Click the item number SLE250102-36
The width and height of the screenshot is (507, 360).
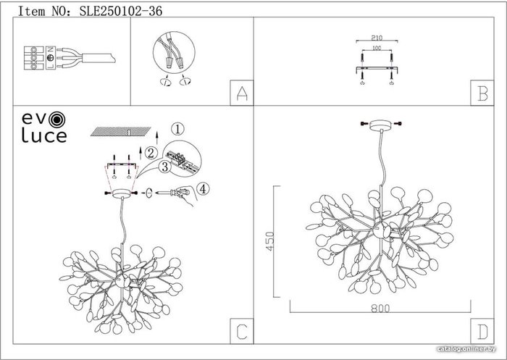(x=121, y=12)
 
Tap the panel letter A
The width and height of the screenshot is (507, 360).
(x=242, y=93)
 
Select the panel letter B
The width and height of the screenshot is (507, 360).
(x=482, y=93)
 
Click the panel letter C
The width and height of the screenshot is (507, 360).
(x=242, y=332)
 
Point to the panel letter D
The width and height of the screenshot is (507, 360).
(x=482, y=332)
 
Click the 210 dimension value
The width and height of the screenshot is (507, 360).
(x=377, y=38)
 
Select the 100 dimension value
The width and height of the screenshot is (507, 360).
(x=377, y=48)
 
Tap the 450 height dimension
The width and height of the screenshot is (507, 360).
(x=270, y=241)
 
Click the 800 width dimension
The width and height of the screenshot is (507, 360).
(x=380, y=309)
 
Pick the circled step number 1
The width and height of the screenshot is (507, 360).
(x=177, y=129)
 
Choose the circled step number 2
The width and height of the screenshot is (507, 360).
(x=151, y=153)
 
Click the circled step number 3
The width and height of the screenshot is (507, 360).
(x=165, y=167)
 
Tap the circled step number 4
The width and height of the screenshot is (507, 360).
(x=202, y=189)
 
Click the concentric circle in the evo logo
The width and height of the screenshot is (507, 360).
(x=57, y=120)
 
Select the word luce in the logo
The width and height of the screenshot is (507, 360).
(x=44, y=136)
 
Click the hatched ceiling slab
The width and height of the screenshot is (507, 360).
(x=121, y=131)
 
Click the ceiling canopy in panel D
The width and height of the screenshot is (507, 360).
(x=382, y=125)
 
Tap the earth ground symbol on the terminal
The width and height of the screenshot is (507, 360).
(x=50, y=58)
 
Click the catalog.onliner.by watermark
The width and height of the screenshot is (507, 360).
(x=466, y=349)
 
